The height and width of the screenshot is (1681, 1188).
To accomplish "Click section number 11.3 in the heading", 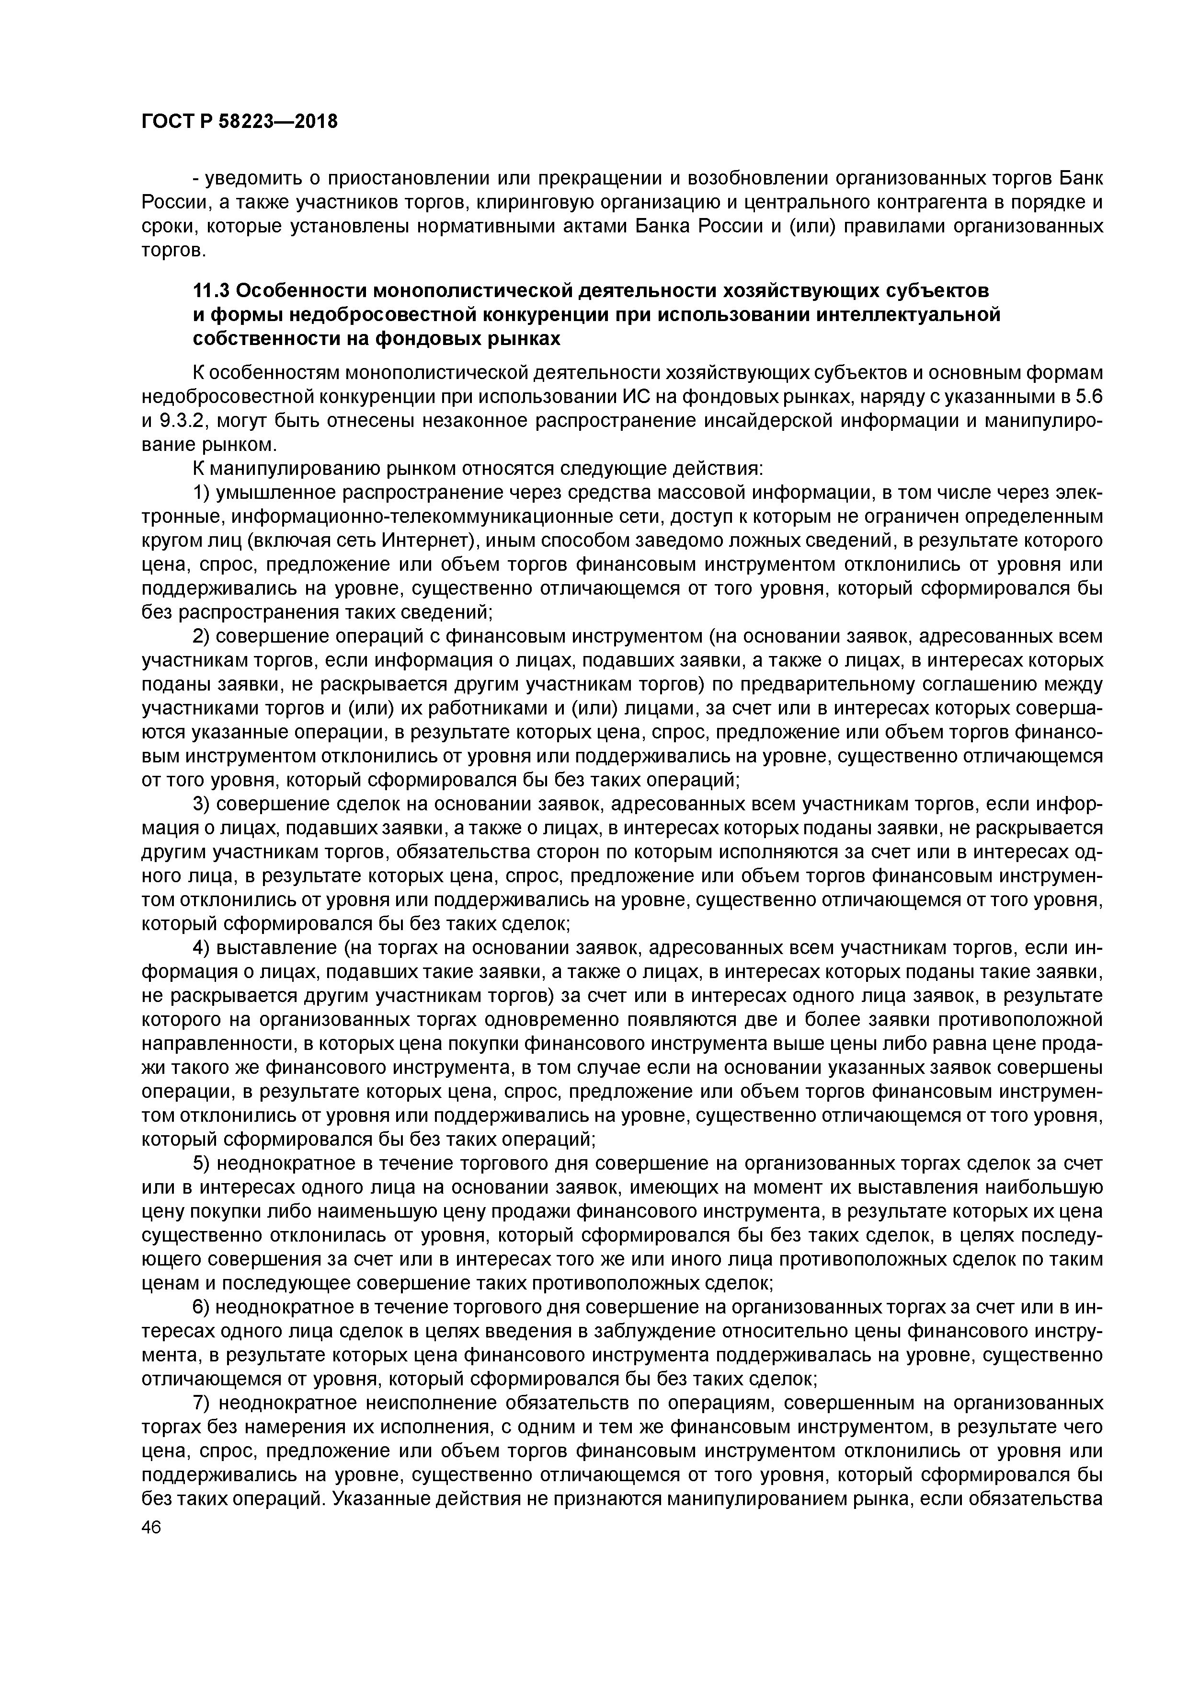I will pos(212,291).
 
